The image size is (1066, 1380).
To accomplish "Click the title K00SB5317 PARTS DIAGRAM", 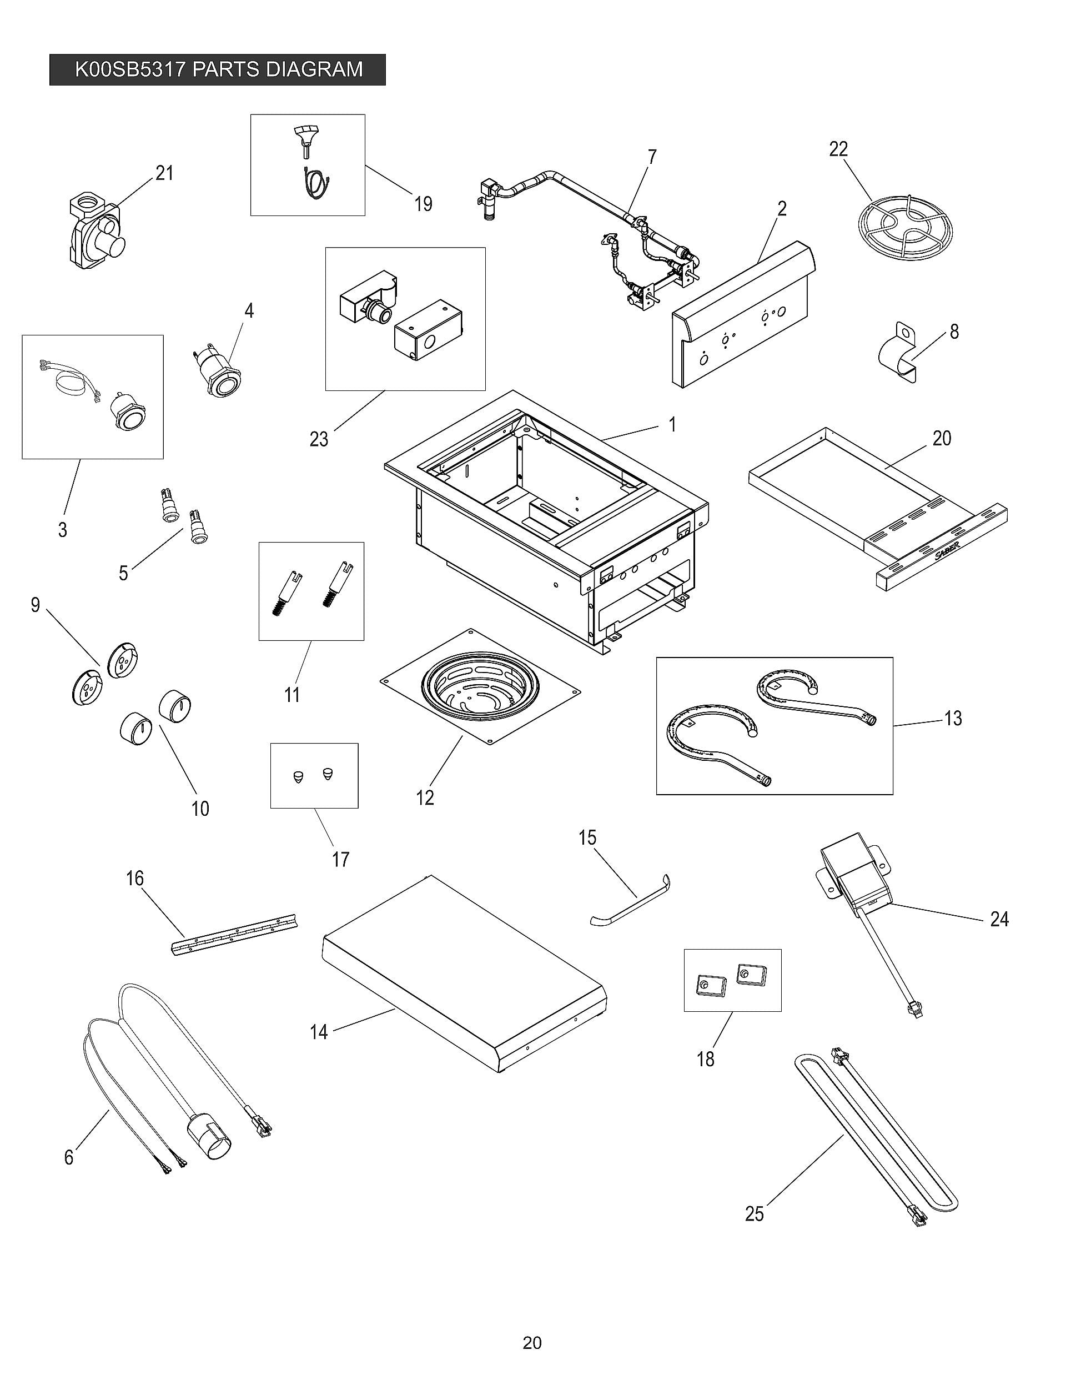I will (218, 69).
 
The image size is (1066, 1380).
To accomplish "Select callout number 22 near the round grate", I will (838, 149).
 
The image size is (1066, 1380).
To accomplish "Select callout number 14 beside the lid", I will (319, 1032).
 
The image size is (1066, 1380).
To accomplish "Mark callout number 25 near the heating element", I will (755, 1214).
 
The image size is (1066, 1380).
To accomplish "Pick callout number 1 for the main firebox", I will (672, 425).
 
